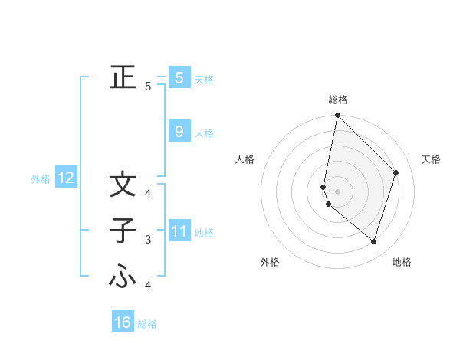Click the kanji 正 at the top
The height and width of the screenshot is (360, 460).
coord(122,77)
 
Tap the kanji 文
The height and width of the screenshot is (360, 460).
coord(122,185)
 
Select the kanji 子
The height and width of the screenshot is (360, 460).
coord(122,231)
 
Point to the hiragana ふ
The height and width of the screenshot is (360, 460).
coord(122,277)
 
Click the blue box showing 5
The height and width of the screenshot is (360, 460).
coord(179,78)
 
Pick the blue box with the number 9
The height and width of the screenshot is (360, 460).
coord(179,132)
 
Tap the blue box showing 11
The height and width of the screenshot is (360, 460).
coord(179,231)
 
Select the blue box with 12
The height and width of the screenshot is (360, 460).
coord(65,178)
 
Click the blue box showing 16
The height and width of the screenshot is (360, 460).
coord(123,322)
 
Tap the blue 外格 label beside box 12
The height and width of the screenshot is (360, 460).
coord(41,179)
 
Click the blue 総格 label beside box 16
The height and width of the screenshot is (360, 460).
coord(147,324)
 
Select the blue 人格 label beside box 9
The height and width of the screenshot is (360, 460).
coord(204,133)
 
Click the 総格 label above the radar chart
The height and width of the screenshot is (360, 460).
coord(338,100)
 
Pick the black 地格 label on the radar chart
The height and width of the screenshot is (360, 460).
coord(402,262)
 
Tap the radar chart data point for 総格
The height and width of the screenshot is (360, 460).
coord(337,116)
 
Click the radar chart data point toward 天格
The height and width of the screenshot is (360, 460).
coord(396,172)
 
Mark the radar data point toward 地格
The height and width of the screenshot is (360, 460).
coord(374,242)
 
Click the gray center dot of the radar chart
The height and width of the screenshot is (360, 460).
coord(337,191)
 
